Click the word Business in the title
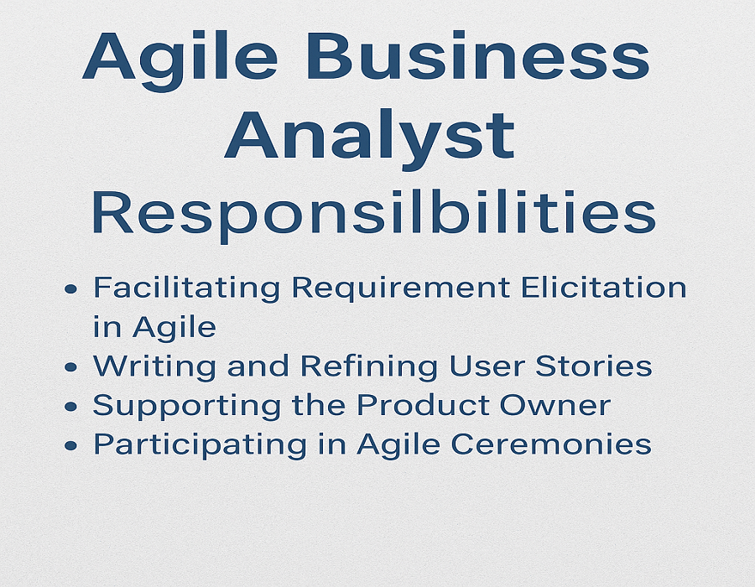click(477, 56)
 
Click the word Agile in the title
click(180, 60)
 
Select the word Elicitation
click(604, 288)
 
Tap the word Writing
click(154, 367)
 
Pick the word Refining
click(369, 367)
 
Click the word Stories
click(594, 366)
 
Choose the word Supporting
click(187, 407)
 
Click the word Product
click(424, 405)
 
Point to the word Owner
click(555, 406)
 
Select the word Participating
click(200, 445)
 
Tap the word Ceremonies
click(552, 444)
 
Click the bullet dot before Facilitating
click(70, 288)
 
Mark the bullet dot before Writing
click(70, 367)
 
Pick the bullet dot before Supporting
click(70, 407)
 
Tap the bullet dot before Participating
click(70, 445)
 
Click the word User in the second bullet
click(487, 366)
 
